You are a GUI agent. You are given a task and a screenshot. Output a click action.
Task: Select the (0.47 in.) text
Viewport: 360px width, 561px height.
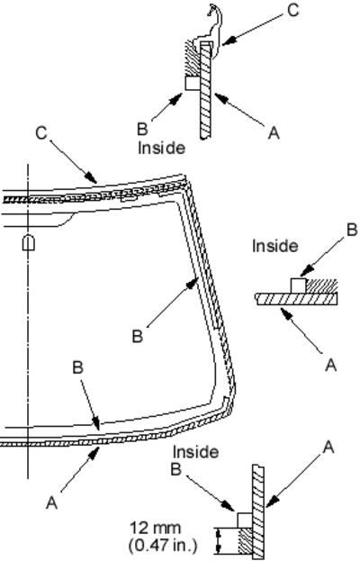[163, 545]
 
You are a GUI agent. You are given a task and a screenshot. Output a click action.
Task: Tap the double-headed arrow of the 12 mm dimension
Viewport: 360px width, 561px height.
[219, 541]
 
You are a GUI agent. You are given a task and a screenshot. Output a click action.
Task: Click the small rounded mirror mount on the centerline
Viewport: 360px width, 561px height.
[29, 242]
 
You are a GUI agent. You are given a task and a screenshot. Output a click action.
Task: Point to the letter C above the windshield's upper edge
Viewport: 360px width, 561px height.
[41, 133]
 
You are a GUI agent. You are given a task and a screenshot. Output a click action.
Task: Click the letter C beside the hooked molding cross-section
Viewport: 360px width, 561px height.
[292, 11]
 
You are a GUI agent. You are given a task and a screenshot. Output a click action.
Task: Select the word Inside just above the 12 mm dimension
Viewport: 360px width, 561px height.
[195, 452]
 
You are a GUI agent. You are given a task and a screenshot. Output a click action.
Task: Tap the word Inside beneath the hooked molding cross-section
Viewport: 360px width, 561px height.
[162, 148]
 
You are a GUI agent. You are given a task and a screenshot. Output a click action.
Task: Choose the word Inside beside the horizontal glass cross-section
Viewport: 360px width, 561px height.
[274, 246]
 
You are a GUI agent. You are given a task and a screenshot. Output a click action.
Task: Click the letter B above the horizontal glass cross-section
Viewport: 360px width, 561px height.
[352, 230]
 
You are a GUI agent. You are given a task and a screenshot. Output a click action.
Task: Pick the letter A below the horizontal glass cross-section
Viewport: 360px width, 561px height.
[331, 366]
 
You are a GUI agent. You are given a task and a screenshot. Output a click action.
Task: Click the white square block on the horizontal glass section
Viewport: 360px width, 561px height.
[298, 285]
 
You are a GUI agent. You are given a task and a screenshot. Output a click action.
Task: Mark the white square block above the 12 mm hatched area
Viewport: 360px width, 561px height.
[245, 520]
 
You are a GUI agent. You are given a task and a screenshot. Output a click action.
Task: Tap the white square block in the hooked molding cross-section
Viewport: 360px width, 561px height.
[193, 83]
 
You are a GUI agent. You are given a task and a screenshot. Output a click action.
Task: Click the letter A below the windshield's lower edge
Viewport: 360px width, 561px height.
[51, 502]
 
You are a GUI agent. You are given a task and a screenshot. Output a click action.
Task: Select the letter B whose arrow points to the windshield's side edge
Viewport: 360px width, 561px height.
[138, 337]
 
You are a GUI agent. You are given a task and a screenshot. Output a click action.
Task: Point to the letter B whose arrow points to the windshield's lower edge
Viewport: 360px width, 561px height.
[78, 367]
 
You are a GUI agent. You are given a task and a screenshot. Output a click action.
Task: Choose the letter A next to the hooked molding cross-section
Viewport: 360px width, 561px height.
[274, 133]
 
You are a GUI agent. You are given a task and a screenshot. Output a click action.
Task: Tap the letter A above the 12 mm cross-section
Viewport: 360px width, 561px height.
[328, 447]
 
